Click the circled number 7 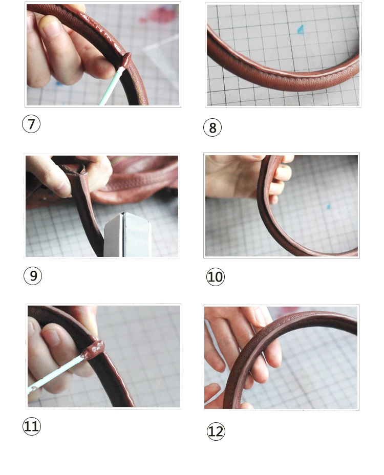click(x=31, y=124)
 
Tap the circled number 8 click(x=212, y=127)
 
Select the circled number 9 click(x=33, y=276)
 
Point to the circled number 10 click(x=216, y=276)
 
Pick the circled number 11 click(x=32, y=426)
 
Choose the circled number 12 click(x=216, y=431)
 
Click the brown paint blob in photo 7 click(x=125, y=60)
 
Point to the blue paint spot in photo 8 click(x=300, y=29)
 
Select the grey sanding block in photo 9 click(x=127, y=235)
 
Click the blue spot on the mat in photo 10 click(x=328, y=207)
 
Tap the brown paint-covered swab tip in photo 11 click(x=95, y=350)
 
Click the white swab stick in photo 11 click(x=55, y=375)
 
